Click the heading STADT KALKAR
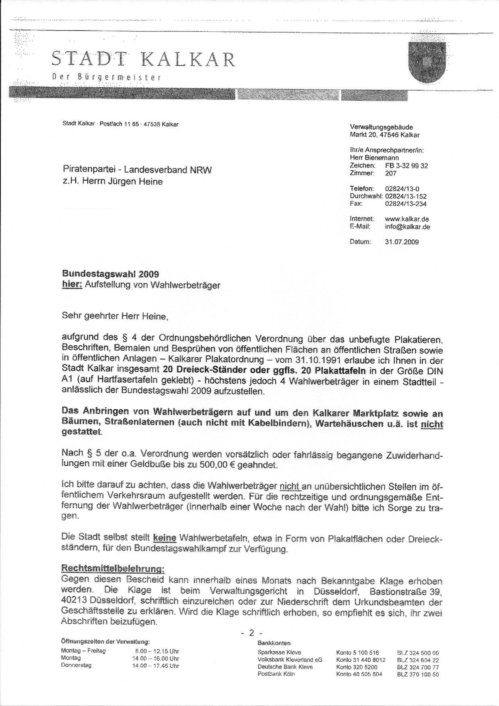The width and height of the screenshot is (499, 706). pyautogui.click(x=143, y=60)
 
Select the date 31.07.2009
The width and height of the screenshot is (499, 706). pyautogui.click(x=402, y=242)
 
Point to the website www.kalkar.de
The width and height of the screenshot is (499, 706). pyautogui.click(x=406, y=219)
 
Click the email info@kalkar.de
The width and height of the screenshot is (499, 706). pyautogui.click(x=407, y=227)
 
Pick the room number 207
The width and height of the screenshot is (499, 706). pyautogui.click(x=390, y=173)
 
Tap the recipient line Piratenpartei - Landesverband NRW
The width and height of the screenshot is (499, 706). pyautogui.click(x=137, y=170)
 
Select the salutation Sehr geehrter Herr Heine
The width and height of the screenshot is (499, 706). pyautogui.click(x=115, y=316)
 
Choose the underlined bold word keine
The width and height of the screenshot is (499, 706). pyautogui.click(x=165, y=537)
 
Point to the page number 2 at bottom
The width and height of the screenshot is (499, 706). pyautogui.click(x=252, y=633)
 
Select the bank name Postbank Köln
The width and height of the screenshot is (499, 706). pyautogui.click(x=276, y=674)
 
